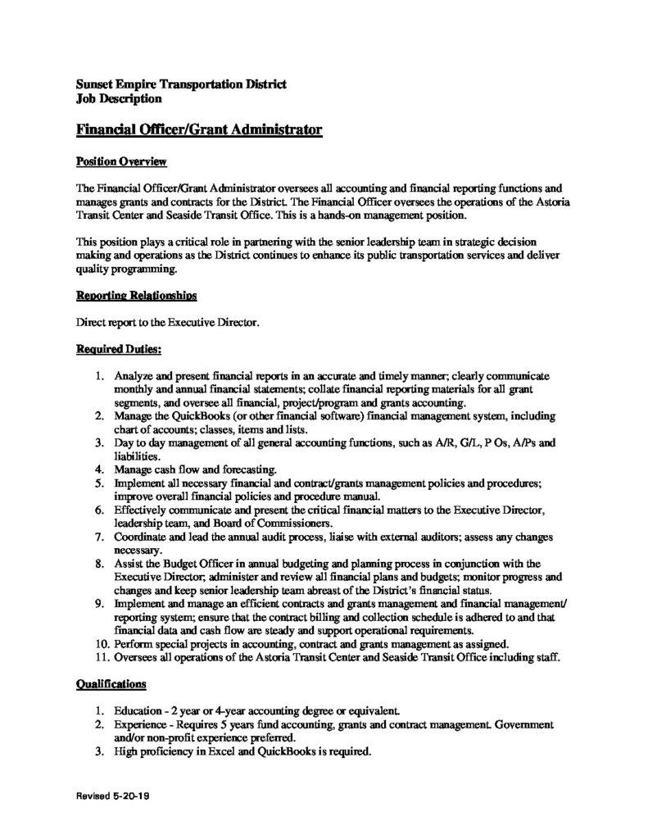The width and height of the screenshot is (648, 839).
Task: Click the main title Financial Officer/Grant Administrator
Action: coord(197,129)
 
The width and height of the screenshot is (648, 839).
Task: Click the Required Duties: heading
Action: coord(118,350)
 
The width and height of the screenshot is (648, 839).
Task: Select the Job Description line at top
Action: coord(117,99)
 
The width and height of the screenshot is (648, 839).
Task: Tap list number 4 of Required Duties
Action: coord(97,469)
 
